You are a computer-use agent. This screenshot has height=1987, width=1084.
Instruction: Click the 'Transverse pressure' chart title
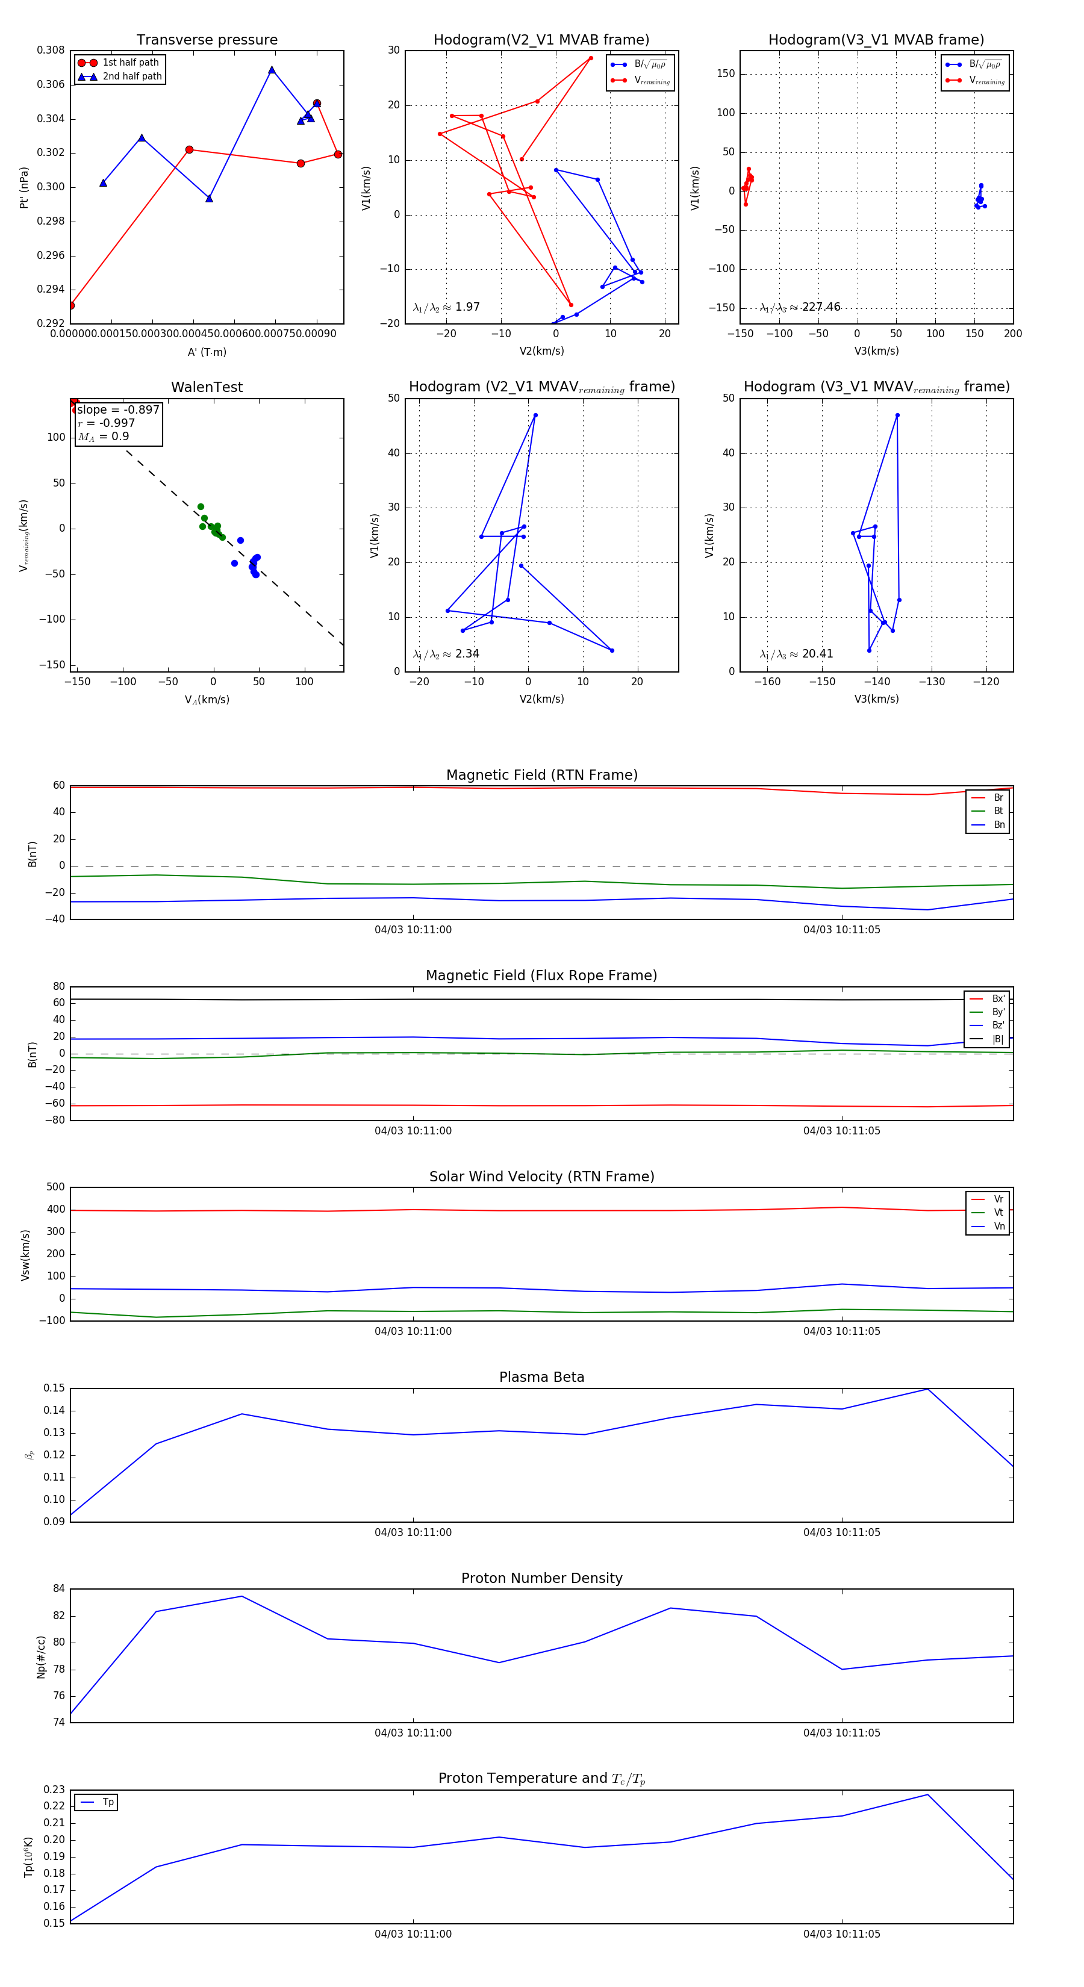pos(207,40)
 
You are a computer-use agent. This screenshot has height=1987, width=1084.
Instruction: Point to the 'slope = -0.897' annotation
pos(118,409)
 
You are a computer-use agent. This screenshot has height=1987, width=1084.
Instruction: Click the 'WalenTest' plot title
pos(207,387)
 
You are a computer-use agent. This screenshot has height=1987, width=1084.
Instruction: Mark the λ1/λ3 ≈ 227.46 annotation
pos(800,307)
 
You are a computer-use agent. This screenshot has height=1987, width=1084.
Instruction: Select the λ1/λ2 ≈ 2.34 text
pos(446,654)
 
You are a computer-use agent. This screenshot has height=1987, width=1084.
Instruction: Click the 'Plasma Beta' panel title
pos(541,1377)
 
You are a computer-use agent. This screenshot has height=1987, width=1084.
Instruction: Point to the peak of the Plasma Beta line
pos(927,1388)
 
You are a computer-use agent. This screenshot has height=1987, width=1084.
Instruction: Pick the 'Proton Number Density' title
pos(541,1578)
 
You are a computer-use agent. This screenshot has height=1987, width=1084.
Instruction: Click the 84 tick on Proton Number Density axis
pos(58,1589)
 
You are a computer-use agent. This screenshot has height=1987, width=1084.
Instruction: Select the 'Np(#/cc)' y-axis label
pos(41,1657)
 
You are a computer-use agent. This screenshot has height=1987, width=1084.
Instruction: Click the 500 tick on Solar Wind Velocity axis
pos(55,1187)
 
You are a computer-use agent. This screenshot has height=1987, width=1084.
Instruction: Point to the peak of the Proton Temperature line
pos(927,1794)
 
